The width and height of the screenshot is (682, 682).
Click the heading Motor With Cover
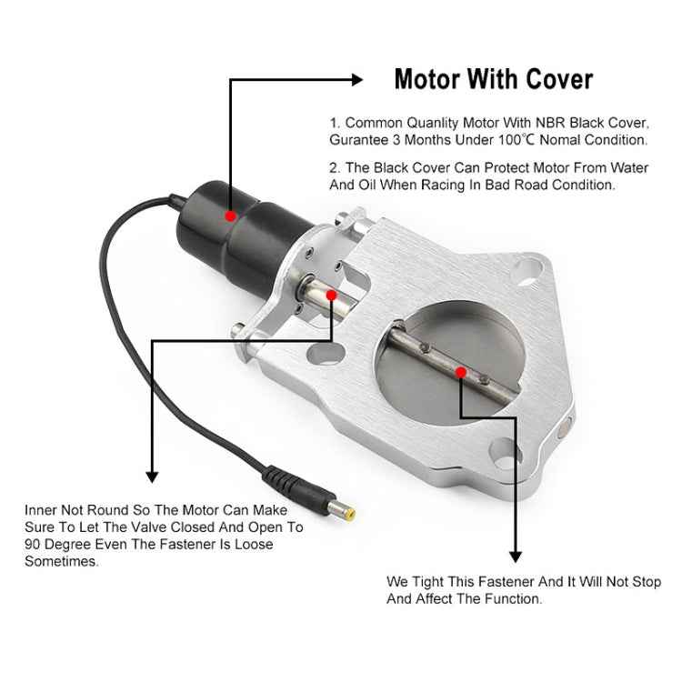493,79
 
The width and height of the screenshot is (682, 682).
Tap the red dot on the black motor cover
231,216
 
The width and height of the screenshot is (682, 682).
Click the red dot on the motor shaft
331,295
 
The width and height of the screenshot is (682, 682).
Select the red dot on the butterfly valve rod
462,372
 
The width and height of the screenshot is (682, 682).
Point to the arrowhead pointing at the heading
357,80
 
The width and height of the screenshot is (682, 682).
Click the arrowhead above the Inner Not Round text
152,476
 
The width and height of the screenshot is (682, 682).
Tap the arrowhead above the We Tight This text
515,556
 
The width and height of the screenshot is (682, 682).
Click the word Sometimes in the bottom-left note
61,562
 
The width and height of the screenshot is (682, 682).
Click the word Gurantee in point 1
358,140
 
